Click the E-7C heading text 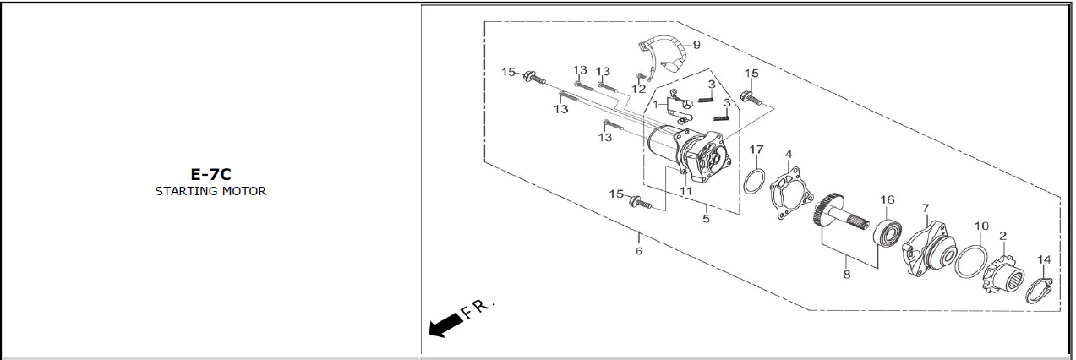click(210, 174)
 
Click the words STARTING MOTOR click(210, 191)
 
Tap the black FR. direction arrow click(445, 325)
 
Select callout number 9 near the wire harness click(696, 45)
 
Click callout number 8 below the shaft click(847, 274)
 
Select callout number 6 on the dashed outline click(639, 250)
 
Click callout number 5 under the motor click(706, 218)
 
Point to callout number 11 click(686, 190)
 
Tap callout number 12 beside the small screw click(639, 89)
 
